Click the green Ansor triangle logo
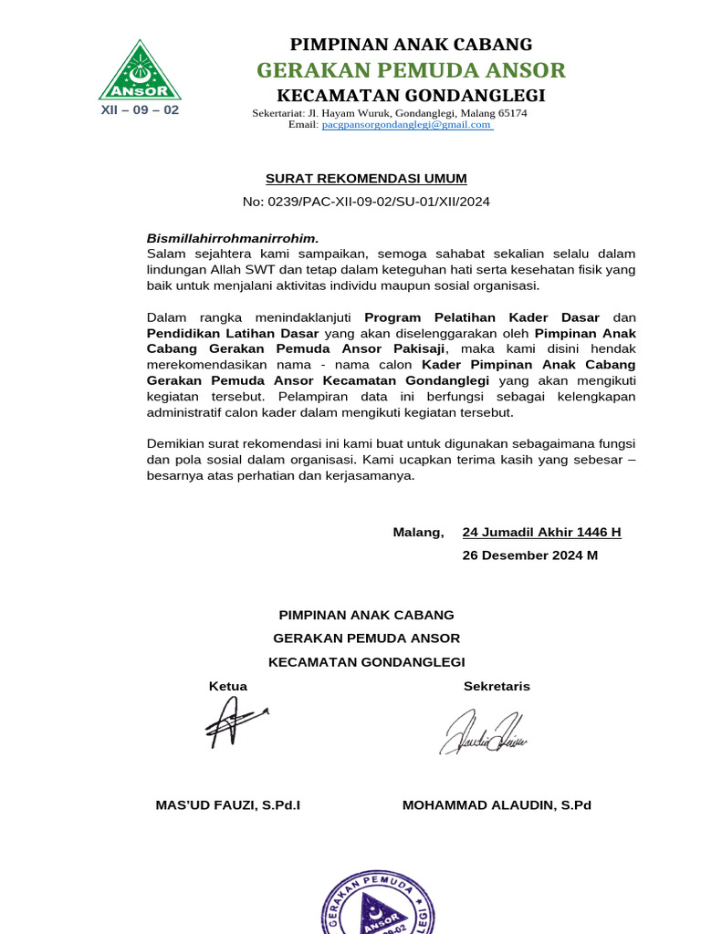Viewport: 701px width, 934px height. tap(140, 71)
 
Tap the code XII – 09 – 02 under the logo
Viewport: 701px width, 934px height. tap(140, 109)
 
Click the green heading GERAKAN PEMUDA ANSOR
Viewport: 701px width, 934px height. tap(411, 70)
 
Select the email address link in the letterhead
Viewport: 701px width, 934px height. tap(407, 125)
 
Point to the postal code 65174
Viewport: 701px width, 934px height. tap(509, 113)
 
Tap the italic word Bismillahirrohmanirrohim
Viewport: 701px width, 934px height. tap(233, 238)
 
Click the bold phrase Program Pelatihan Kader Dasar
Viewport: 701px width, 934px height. tap(482, 317)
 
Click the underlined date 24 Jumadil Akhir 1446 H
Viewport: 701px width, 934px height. tap(542, 532)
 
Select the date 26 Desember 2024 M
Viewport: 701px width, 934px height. tap(530, 555)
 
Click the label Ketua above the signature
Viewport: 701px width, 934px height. tap(228, 686)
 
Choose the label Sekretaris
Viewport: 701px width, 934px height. tap(497, 686)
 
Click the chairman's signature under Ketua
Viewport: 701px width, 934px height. tap(233, 725)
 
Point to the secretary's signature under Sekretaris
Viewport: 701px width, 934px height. tap(484, 733)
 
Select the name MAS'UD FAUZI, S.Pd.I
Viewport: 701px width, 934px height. tap(228, 805)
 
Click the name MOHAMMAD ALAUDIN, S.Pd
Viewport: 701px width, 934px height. tap(497, 805)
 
